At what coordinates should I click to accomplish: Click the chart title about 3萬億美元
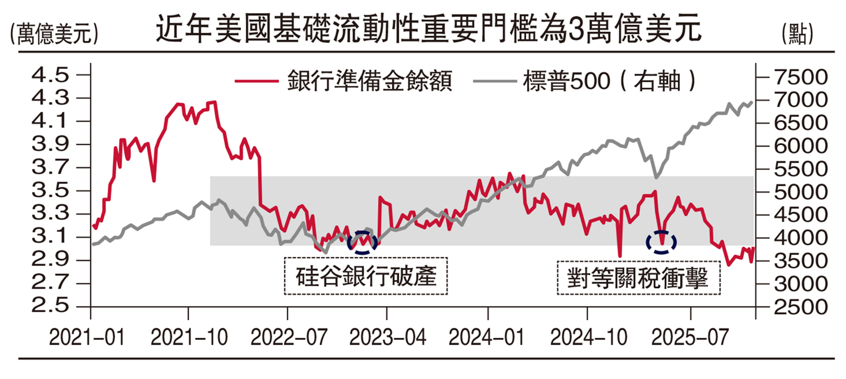click(429, 29)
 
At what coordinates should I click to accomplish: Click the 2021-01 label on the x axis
click(83, 338)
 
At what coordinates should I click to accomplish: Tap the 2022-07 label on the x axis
click(288, 338)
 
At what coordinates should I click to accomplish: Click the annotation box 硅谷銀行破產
click(366, 276)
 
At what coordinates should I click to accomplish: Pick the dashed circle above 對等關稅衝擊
click(661, 241)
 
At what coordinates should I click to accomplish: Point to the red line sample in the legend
click(257, 81)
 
